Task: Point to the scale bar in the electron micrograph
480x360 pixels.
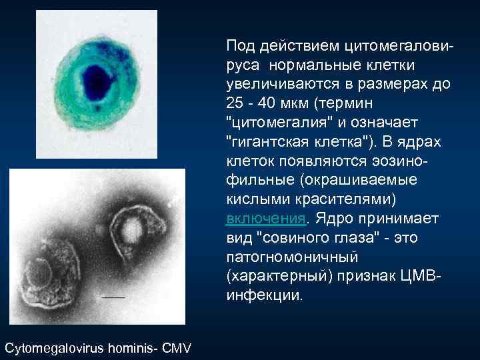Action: coord(114,295)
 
